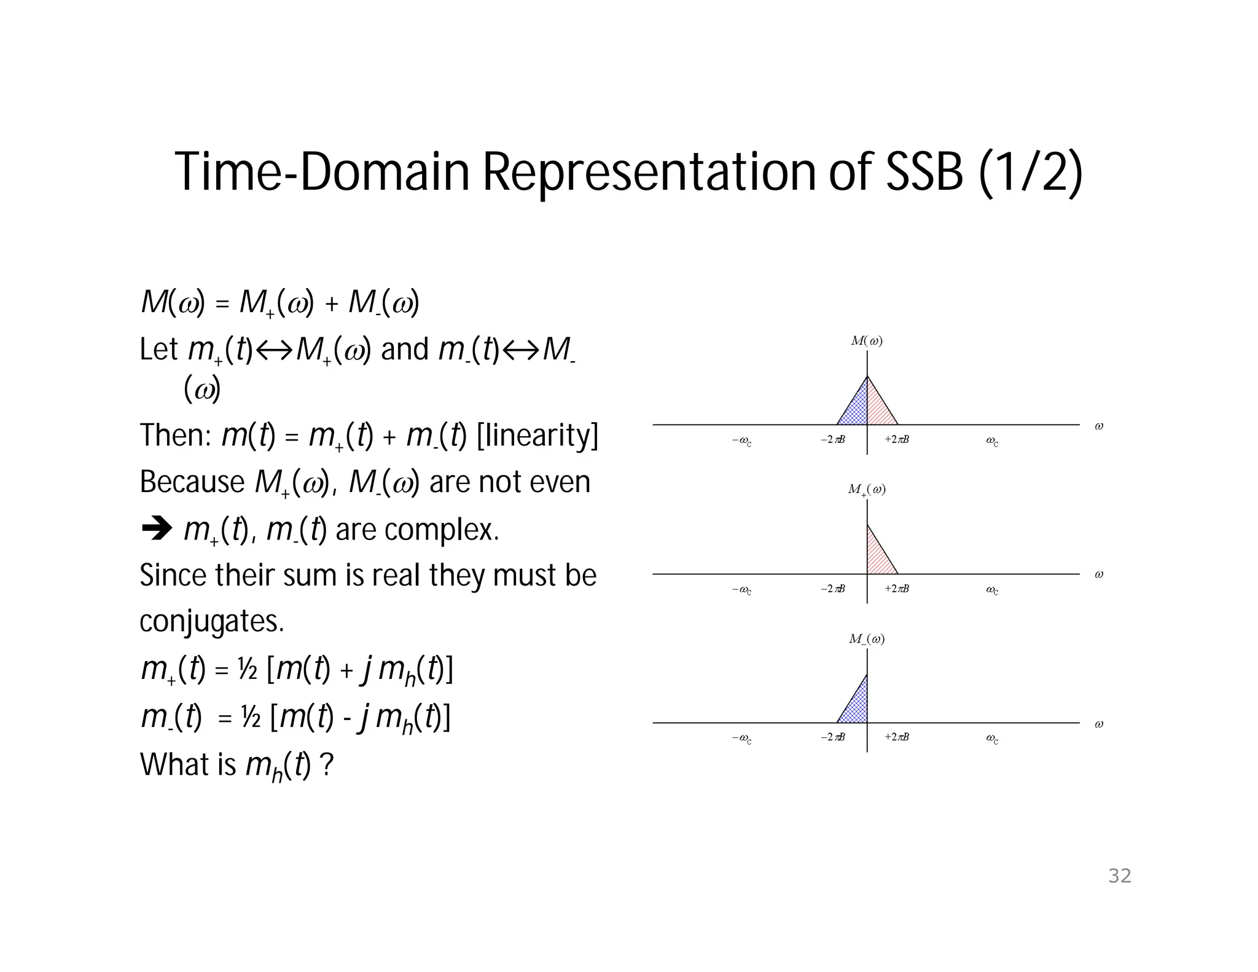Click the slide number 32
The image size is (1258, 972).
(x=1119, y=876)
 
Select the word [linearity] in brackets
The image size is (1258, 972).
(x=537, y=435)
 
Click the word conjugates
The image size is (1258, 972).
(x=212, y=621)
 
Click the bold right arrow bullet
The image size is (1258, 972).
(x=156, y=528)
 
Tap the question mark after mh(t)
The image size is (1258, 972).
(x=327, y=766)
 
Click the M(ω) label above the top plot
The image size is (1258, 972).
(x=867, y=341)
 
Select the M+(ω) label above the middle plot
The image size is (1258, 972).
(x=867, y=490)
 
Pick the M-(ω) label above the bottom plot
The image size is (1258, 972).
(x=867, y=639)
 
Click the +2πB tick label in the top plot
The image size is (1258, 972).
(x=897, y=439)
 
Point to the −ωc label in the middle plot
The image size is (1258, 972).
(x=741, y=590)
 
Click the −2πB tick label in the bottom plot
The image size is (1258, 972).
(x=833, y=737)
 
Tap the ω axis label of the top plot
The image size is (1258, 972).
(x=1099, y=426)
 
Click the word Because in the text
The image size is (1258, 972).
(x=192, y=482)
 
